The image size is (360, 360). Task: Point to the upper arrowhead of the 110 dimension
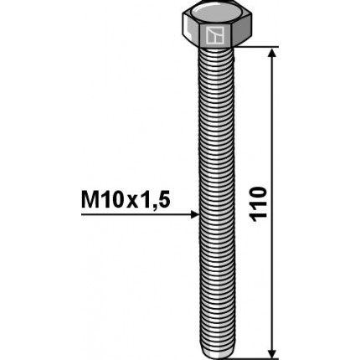click(x=271, y=54)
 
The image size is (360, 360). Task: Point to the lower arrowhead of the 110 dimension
click(x=271, y=350)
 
